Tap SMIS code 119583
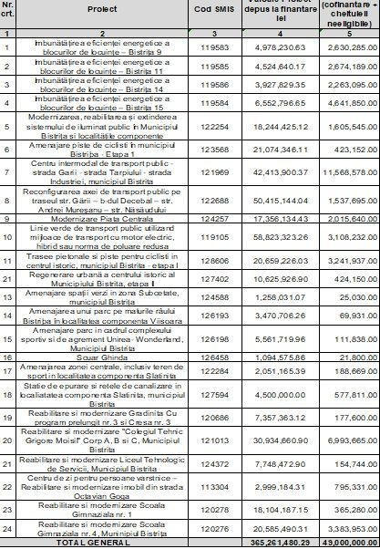215,47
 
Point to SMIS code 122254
215,129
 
